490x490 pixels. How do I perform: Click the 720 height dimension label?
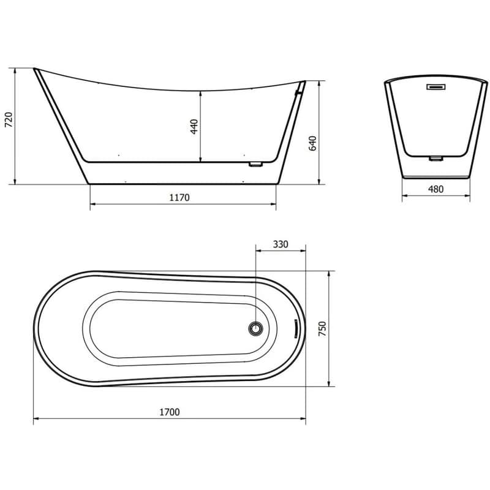click(x=9, y=119)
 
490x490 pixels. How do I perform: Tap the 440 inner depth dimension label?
click(x=194, y=127)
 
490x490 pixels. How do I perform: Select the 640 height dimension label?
click(x=313, y=143)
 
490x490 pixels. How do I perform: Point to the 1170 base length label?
click(x=179, y=197)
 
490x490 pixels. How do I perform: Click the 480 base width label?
click(x=435, y=189)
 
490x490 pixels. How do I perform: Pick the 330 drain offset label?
click(x=281, y=244)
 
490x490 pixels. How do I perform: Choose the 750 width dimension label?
click(x=322, y=328)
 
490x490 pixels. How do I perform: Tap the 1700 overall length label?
click(x=170, y=412)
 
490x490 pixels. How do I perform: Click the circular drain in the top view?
click(x=255, y=328)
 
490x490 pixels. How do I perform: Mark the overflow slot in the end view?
click(x=436, y=86)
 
